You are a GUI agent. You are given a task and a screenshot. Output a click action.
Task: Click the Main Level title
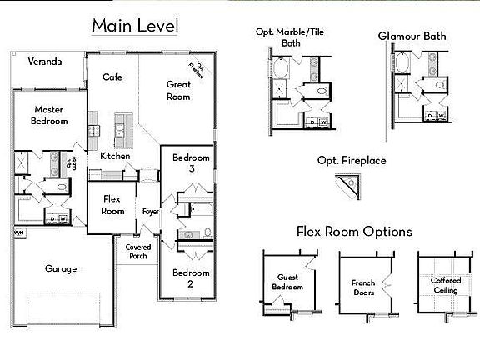point(134,26)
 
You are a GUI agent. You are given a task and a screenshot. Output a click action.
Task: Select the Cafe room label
point(112,77)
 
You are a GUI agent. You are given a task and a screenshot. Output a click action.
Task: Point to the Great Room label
point(178,90)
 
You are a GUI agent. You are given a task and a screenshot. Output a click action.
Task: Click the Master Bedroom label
point(49,117)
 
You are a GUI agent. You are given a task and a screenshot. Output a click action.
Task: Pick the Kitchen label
point(114,156)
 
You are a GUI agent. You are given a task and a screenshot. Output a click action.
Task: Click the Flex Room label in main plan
point(112,204)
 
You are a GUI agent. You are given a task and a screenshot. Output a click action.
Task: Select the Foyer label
point(150,211)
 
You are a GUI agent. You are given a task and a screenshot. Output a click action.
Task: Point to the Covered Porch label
point(138,252)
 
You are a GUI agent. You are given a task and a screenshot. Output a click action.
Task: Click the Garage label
point(61,268)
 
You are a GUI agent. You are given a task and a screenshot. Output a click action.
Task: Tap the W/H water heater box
point(18,232)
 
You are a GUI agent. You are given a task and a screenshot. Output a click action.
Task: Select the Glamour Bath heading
point(412,36)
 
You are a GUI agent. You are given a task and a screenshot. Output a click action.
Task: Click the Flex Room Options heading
point(353,231)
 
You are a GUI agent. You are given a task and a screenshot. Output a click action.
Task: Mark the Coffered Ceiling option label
point(445,286)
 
